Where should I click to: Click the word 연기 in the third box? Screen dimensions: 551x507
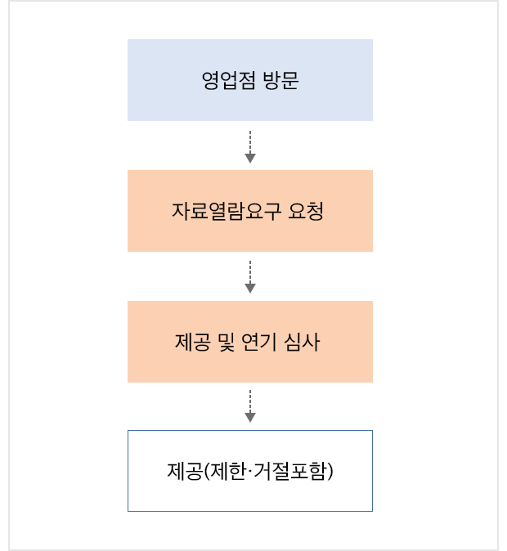261,342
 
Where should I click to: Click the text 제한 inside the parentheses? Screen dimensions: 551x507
224,472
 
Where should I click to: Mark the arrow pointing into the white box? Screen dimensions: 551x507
250,406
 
